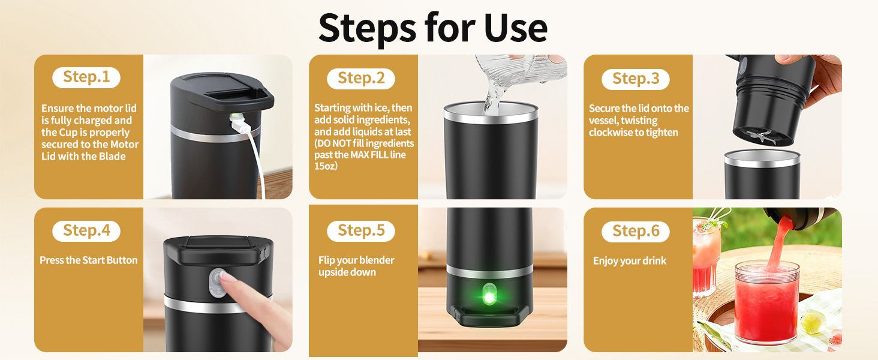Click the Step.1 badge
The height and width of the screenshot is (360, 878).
point(87,77)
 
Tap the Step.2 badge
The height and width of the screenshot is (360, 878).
point(361,78)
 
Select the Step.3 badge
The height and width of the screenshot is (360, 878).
point(635,79)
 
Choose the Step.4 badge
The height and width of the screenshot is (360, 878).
point(86,231)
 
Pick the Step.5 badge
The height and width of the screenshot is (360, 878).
point(361,231)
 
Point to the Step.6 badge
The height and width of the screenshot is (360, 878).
point(635,231)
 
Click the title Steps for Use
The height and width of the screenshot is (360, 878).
point(432,27)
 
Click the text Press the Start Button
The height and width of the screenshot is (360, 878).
point(89,260)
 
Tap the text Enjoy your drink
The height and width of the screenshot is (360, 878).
point(630,261)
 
